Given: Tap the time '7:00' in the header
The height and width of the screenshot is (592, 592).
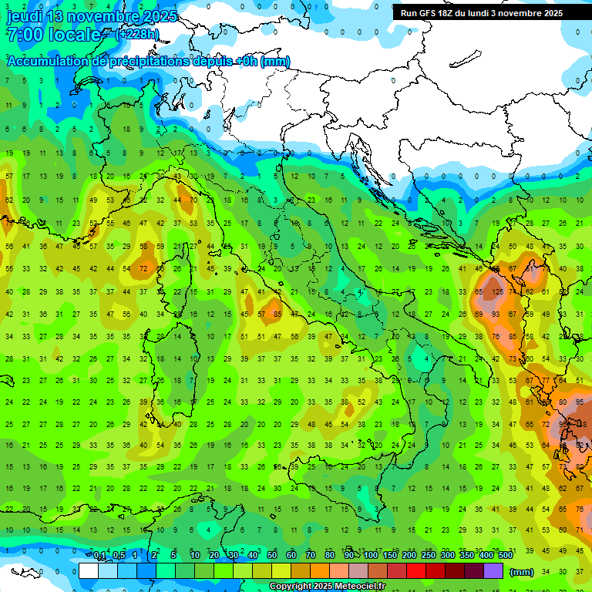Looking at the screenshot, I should click(x=25, y=35).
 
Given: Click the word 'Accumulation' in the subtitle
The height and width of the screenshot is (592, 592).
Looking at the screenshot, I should click(x=49, y=62).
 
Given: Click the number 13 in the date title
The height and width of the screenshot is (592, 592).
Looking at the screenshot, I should click(x=63, y=16).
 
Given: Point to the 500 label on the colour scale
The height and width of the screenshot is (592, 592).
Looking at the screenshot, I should click(x=506, y=556).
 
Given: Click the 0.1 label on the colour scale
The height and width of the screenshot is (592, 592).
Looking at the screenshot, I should click(x=100, y=556).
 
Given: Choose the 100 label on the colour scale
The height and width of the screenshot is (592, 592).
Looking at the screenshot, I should click(x=371, y=556).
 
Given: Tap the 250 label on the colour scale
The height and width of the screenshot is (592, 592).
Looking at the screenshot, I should click(x=429, y=556).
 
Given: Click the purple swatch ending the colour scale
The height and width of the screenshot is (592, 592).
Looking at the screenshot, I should click(x=493, y=570).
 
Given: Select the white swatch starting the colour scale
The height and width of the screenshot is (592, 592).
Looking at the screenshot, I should click(x=89, y=570).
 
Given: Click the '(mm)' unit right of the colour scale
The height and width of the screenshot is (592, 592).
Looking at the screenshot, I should click(x=522, y=572).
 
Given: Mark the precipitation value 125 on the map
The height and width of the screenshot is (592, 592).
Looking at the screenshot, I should click(x=498, y=292).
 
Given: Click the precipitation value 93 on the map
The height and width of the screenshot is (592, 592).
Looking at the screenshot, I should click(x=498, y=314).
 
